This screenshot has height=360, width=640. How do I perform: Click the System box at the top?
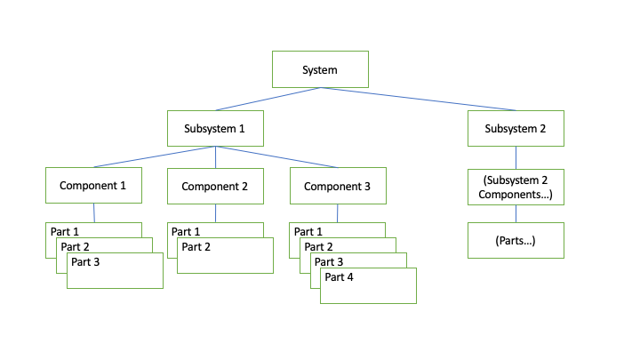click(319, 68)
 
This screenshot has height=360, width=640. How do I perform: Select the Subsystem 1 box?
click(215, 128)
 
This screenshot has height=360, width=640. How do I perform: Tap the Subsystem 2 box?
click(516, 128)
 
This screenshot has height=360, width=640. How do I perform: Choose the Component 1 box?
click(93, 186)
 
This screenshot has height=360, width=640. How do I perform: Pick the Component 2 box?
click(215, 186)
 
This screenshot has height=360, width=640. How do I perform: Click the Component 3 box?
click(337, 186)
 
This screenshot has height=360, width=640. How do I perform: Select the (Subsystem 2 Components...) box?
click(516, 186)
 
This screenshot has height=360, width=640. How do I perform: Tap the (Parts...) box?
click(516, 240)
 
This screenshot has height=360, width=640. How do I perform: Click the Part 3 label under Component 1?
click(86, 262)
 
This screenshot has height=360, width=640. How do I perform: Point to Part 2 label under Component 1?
click(76, 246)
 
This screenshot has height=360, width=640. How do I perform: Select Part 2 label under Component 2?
click(196, 246)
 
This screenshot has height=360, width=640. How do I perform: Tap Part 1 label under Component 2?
click(186, 231)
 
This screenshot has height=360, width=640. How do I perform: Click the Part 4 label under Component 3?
click(340, 276)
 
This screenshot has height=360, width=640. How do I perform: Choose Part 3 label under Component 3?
click(329, 261)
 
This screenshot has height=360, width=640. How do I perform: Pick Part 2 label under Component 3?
click(318, 246)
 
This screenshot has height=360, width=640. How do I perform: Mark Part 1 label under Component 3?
click(308, 231)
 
